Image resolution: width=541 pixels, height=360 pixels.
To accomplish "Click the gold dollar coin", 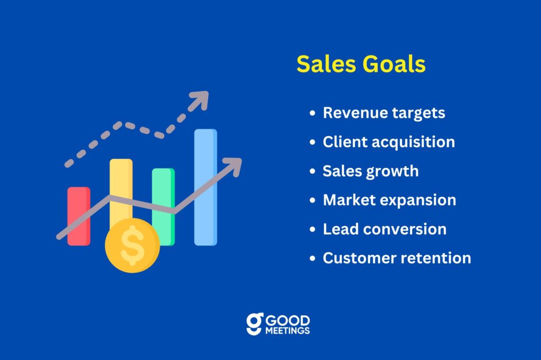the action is pyautogui.click(x=133, y=245).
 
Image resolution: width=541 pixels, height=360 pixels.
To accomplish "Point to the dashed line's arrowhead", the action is pyautogui.click(x=200, y=100).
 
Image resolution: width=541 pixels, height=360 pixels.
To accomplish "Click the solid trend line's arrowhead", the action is pyautogui.click(x=233, y=167).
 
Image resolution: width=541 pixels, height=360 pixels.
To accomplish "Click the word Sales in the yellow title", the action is pyautogui.click(x=326, y=64).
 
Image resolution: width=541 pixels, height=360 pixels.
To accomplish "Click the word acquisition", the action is pyautogui.click(x=413, y=143).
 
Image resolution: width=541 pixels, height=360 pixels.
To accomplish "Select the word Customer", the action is pyautogui.click(x=360, y=258).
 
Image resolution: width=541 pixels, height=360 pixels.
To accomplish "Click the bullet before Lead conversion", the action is pyautogui.click(x=313, y=229).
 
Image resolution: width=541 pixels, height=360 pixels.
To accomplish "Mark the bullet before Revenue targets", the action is pyautogui.click(x=313, y=113).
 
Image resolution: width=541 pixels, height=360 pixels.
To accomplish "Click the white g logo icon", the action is pyautogui.click(x=255, y=324).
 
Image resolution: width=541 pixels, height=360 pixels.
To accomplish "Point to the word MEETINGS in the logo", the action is pyautogui.click(x=287, y=330).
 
